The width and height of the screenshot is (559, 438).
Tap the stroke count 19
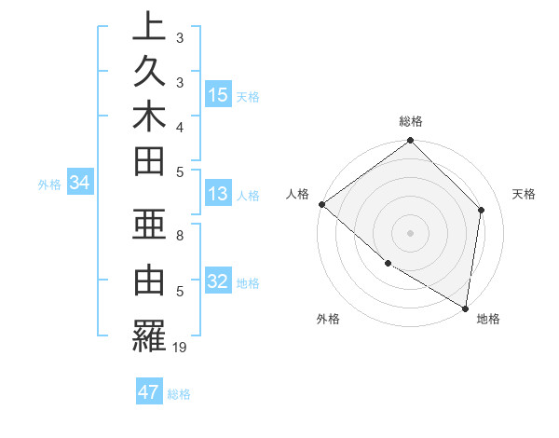tap(181, 348)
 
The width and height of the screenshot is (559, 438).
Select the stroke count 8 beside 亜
tap(180, 237)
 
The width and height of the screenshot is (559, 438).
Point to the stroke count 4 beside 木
tap(180, 127)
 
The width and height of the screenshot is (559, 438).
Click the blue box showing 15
tap(218, 95)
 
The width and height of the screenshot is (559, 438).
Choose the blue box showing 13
tap(218, 195)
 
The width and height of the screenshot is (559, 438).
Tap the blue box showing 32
tap(218, 282)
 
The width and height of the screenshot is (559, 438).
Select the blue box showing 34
tap(80, 184)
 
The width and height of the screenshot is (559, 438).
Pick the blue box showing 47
tap(149, 392)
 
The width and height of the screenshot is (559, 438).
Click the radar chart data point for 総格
tap(410, 142)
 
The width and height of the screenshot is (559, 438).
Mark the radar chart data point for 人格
tap(321, 204)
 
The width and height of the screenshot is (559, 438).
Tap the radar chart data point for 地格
tap(465, 308)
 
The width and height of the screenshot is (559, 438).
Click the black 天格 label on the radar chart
tap(525, 194)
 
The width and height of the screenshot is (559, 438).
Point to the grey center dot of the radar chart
tap(410, 233)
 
